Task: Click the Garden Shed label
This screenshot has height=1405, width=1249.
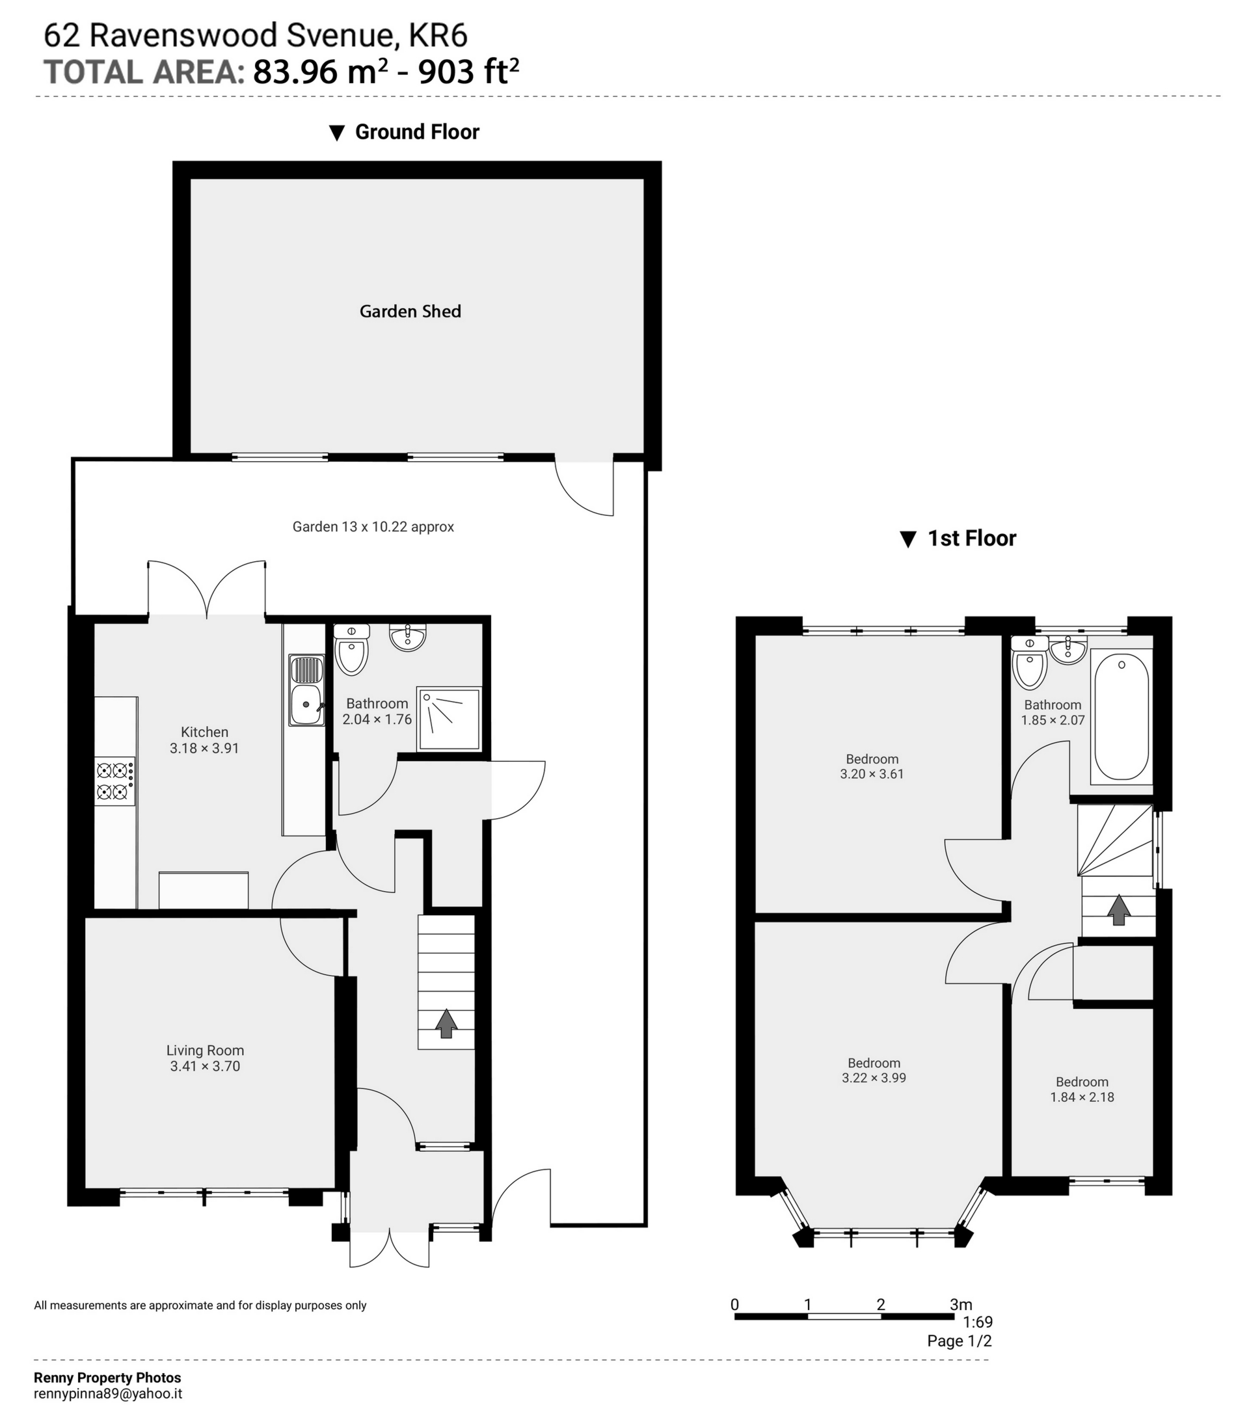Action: tap(410, 312)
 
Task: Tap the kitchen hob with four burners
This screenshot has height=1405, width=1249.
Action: tap(114, 781)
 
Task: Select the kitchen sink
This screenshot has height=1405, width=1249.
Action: tap(306, 691)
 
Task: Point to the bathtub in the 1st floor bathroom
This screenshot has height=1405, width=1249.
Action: tap(1121, 716)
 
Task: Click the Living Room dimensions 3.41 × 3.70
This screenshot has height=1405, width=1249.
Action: tap(205, 1066)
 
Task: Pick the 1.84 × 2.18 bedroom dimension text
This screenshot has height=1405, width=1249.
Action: tap(1082, 1097)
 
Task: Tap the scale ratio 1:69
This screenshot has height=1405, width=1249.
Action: tap(978, 1322)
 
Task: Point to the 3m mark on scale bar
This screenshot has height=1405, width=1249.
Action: tap(960, 1305)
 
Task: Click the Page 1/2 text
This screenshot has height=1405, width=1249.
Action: tap(959, 1341)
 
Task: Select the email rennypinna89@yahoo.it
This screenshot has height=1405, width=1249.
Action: tap(108, 1393)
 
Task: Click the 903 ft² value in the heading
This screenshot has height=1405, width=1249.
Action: tap(468, 72)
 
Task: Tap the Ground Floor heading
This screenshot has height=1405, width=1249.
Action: tap(416, 132)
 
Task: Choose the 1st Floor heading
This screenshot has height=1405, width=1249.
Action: tap(971, 538)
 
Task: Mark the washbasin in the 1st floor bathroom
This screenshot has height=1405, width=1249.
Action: tap(1068, 650)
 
